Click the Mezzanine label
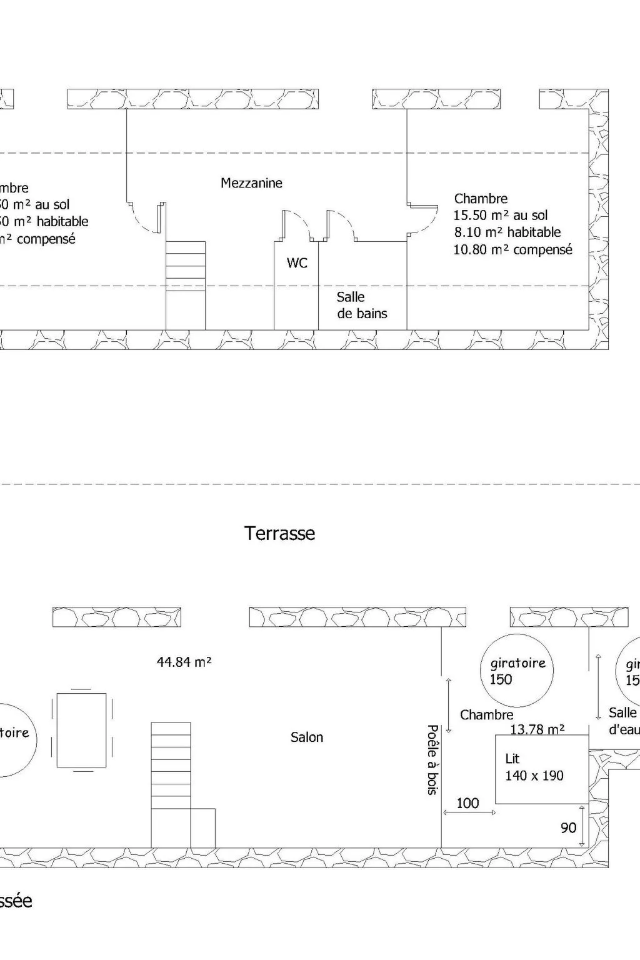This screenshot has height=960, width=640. coord(251,183)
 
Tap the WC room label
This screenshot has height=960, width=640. coord(297,263)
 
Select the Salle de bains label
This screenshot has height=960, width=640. coord(362,306)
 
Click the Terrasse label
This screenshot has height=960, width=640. coord(279,533)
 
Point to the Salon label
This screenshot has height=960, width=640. coord(306,737)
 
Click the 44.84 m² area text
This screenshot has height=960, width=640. coord(184,661)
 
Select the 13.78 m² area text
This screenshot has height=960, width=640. coord(537,729)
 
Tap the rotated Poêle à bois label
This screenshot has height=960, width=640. coord(432,759)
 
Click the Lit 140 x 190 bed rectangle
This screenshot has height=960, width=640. coord(541,769)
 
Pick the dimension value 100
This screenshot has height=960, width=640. coord(467,803)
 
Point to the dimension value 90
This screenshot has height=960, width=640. coord(568,828)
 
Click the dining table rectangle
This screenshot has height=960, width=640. coord(81,729)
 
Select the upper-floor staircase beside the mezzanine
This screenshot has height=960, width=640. coord(185,284)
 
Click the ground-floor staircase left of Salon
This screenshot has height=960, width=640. coord(171,784)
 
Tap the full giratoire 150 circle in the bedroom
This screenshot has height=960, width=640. coord(516,671)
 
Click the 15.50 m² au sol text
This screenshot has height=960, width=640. coord(500,216)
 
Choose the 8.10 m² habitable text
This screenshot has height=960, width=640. coord(507,232)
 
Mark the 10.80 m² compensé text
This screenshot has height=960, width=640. coord(512,249)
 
